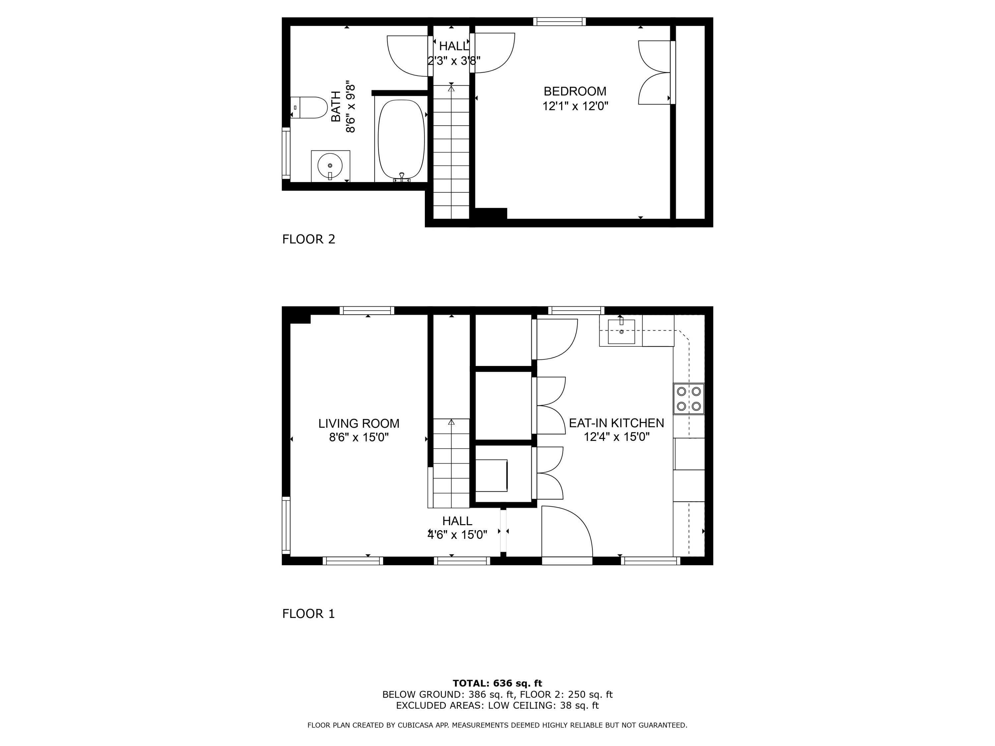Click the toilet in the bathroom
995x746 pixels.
(x=310, y=107)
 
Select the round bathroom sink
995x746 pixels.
(x=330, y=165)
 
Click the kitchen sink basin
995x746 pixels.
(x=621, y=332)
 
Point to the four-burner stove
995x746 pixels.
(x=689, y=399)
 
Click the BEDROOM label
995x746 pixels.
(x=575, y=91)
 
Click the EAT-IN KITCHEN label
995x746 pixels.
(x=616, y=423)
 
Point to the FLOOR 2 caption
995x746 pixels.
(x=308, y=239)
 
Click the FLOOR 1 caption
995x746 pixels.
(x=308, y=614)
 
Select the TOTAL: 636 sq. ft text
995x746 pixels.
(x=497, y=683)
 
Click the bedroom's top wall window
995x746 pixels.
(x=560, y=22)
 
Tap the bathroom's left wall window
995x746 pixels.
(x=286, y=153)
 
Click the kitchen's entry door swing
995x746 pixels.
(x=567, y=533)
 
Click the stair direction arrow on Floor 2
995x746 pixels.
(x=451, y=89)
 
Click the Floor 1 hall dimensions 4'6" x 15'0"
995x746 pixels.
(x=457, y=535)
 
